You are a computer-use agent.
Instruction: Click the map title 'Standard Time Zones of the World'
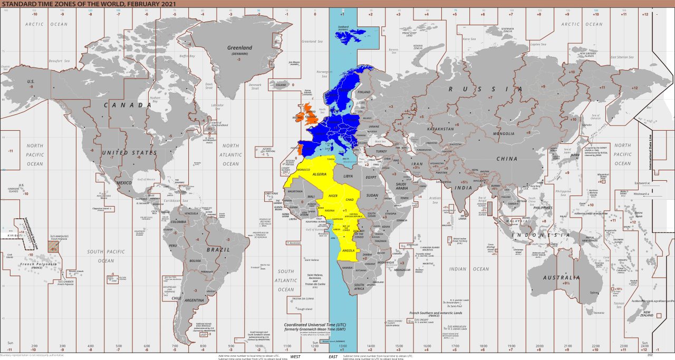89,4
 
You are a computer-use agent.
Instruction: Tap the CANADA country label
128,105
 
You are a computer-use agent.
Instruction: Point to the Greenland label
239,48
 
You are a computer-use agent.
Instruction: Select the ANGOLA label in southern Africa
348,250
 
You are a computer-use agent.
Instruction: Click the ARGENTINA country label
195,300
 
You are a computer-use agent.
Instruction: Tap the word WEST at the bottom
295,357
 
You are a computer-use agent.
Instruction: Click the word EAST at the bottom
333,357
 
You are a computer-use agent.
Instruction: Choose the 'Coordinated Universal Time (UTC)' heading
315,325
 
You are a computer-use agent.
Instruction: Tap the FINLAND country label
364,92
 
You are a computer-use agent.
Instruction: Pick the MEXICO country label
123,182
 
